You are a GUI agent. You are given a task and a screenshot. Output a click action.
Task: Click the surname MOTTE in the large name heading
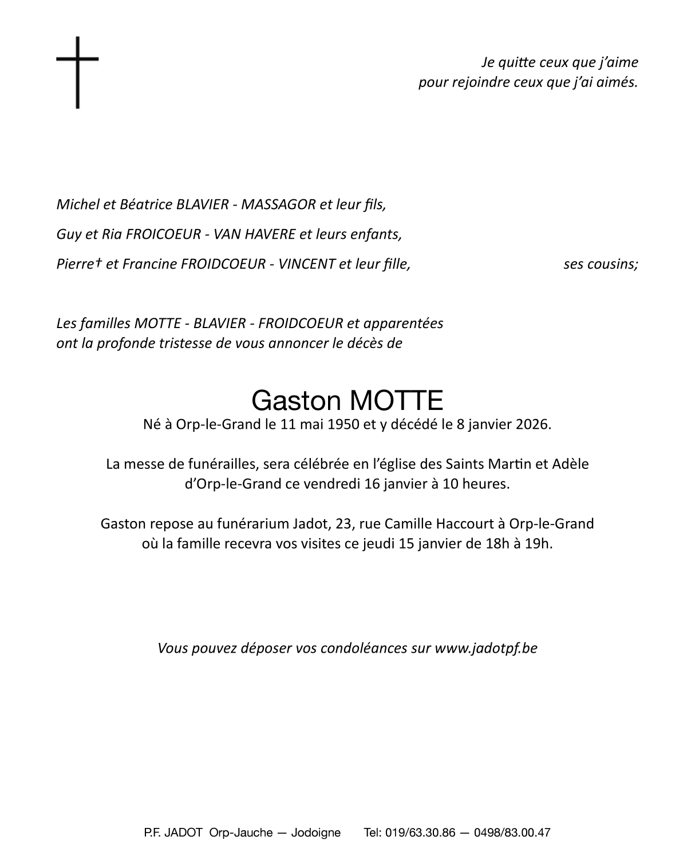click(x=395, y=401)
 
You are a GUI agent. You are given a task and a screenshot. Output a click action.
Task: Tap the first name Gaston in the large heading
click(x=296, y=401)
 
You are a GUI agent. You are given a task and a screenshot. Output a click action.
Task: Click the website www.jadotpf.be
click(x=486, y=648)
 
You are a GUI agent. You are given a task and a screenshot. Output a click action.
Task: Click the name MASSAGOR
click(x=278, y=204)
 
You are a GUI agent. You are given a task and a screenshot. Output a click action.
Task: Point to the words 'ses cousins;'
click(x=601, y=264)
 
